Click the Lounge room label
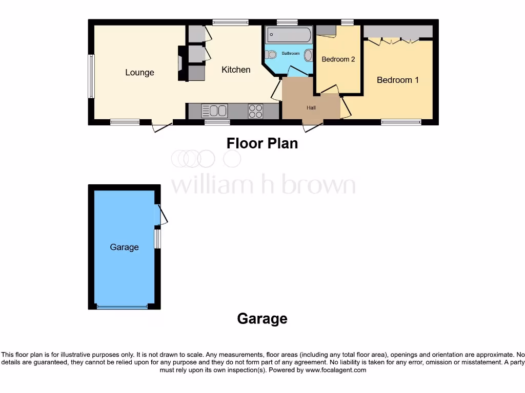[139, 73]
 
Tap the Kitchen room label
[236, 70]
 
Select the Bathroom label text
[290, 53]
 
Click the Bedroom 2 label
[338, 59]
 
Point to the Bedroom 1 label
[397, 80]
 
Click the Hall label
[311, 108]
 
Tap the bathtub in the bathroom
[289, 35]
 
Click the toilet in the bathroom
[272, 55]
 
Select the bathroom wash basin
[308, 55]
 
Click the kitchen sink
[214, 111]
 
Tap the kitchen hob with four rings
[255, 111]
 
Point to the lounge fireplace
[183, 63]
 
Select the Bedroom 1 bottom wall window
[401, 122]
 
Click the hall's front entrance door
[313, 125]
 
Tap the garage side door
[163, 214]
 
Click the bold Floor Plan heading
[262, 143]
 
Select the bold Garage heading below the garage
[262, 319]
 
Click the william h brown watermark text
[262, 185]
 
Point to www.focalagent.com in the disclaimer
[336, 370]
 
